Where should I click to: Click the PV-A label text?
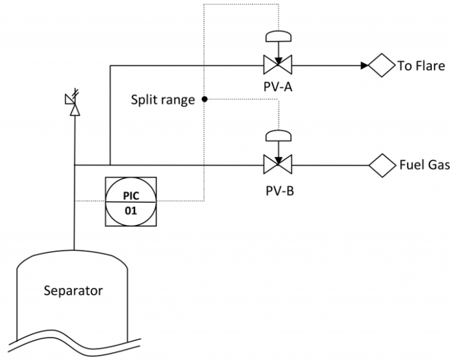click(x=277, y=87)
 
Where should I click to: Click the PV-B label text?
click(x=280, y=191)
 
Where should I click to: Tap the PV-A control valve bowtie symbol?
click(x=277, y=65)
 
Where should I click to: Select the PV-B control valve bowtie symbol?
click(x=277, y=164)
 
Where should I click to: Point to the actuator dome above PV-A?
click(x=278, y=36)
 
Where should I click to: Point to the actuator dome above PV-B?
click(x=278, y=136)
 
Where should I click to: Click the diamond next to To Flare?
click(x=382, y=65)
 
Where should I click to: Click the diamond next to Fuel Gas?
click(x=382, y=166)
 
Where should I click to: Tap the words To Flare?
click(x=421, y=66)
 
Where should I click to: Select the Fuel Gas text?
click(x=425, y=165)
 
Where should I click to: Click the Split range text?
click(x=163, y=100)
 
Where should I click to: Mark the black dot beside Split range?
click(x=205, y=100)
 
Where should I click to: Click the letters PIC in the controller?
click(x=131, y=196)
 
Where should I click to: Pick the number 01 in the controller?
click(x=131, y=211)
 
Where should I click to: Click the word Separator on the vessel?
click(x=73, y=291)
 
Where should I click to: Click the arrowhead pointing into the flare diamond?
click(x=365, y=65)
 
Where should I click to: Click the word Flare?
click(x=430, y=66)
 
